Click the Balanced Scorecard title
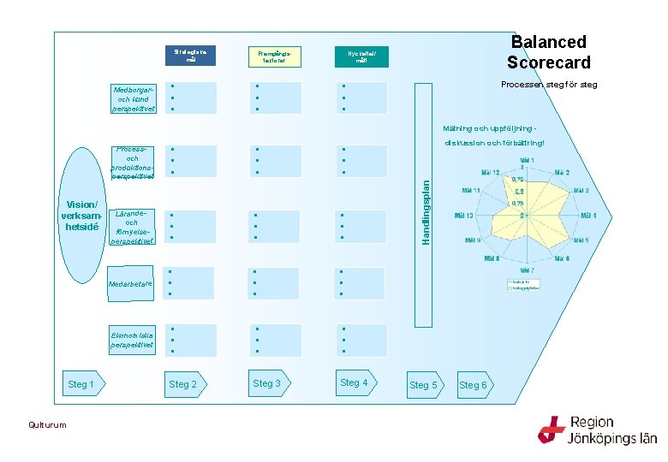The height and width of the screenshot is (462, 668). (548, 52)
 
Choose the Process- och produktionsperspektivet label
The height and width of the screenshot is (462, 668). (133, 163)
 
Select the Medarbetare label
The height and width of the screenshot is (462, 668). (130, 284)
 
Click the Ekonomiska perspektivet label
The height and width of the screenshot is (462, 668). (133, 340)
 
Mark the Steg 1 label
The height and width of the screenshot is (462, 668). (81, 385)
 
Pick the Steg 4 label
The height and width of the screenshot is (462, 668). (353, 382)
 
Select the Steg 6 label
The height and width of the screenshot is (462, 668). (473, 385)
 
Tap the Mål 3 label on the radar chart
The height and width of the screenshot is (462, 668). (582, 191)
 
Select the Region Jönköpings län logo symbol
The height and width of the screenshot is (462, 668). (551, 429)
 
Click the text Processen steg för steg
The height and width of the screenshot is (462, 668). (549, 85)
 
